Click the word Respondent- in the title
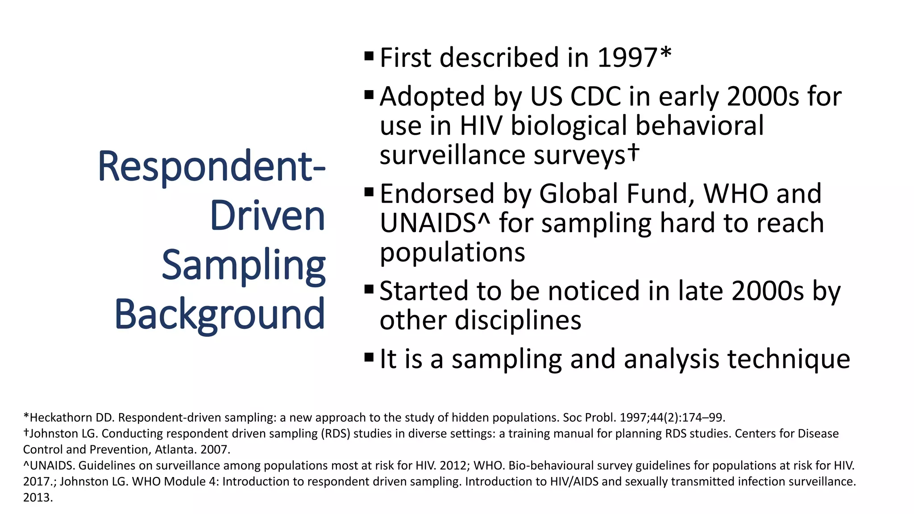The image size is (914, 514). (212, 167)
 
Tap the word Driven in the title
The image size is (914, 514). (267, 216)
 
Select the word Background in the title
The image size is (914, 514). (220, 314)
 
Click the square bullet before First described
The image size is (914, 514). (369, 56)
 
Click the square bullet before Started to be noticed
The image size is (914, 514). (369, 290)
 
